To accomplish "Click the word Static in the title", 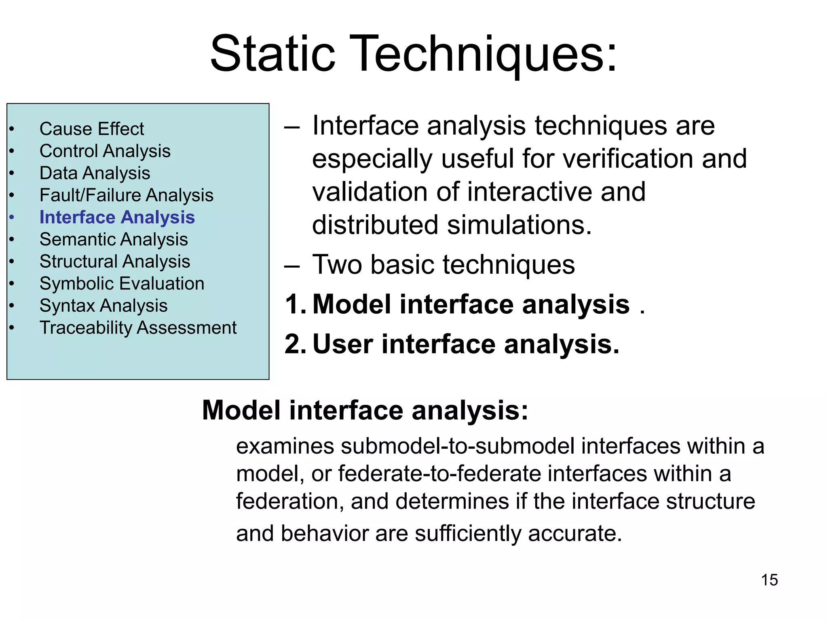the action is click(273, 54).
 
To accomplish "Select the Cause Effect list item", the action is click(91, 129).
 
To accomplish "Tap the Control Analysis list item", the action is click(105, 151).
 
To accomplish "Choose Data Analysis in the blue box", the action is click(95, 173).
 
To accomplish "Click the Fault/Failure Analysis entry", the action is click(126, 195).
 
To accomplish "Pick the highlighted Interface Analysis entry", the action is click(117, 218).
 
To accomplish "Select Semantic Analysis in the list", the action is click(114, 239).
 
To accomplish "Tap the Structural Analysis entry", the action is click(115, 262).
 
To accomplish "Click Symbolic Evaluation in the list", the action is click(122, 283).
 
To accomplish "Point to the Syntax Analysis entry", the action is click(103, 306).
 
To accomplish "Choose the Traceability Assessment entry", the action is click(138, 328).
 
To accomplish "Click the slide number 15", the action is click(769, 580).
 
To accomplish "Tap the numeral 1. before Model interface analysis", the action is click(296, 304).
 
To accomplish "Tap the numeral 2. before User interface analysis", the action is click(296, 344).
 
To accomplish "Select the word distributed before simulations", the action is click(375, 225).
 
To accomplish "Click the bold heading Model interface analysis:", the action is click(365, 410).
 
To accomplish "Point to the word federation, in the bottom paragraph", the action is click(289, 501).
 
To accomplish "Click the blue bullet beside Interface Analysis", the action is click(12, 218).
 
